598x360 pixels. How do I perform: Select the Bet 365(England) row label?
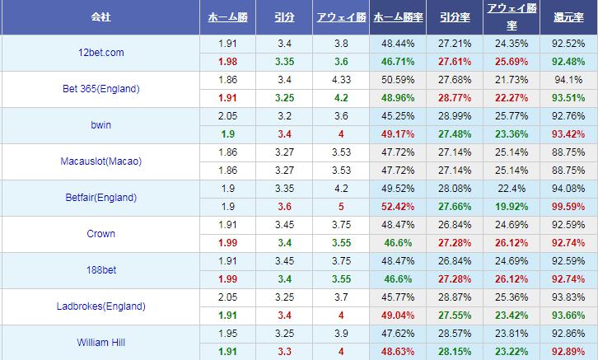pos(101,89)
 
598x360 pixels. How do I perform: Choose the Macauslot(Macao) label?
pos(101,161)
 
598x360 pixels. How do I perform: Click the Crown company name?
pos(101,234)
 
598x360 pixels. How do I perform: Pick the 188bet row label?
pos(101,270)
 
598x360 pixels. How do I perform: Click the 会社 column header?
pos(101,16)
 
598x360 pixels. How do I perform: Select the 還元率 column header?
pos(568,16)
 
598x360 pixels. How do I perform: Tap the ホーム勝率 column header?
pos(398,16)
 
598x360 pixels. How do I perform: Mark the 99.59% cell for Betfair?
pos(568,207)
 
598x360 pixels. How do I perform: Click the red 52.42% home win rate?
pos(398,207)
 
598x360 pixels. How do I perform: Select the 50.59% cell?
pos(398,80)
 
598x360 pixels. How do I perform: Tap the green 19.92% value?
pos(512,207)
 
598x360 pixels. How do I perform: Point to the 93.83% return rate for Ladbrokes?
pos(568,297)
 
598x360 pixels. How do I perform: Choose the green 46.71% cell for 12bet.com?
pos(398,62)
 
